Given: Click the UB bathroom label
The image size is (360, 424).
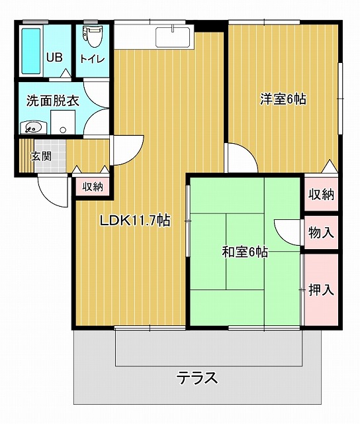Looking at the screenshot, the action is pyautogui.click(x=55, y=58).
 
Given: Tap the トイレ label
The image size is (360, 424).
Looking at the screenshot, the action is pyautogui.click(x=92, y=59).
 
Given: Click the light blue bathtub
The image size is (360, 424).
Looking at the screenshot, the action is pyautogui.click(x=31, y=51).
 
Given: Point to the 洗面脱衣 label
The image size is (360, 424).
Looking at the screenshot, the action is pyautogui.click(x=53, y=101).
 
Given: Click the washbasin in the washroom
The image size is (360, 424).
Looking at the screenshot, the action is pyautogui.click(x=33, y=127).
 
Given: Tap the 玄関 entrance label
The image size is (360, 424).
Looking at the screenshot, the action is pyautogui.click(x=41, y=156).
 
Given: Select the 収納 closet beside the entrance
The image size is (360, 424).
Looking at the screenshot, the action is pyautogui.click(x=93, y=186).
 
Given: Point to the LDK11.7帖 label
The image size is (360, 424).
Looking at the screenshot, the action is pyautogui.click(x=135, y=221).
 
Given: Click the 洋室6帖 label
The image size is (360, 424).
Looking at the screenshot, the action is pyautogui.click(x=283, y=99).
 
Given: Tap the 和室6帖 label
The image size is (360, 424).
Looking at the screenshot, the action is pyautogui.click(x=245, y=252).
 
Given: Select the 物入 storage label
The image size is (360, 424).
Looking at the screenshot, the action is pyautogui.click(x=321, y=233).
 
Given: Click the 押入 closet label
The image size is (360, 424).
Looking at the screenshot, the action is pyautogui.click(x=321, y=290).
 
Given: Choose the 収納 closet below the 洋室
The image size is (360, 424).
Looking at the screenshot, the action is pyautogui.click(x=321, y=194).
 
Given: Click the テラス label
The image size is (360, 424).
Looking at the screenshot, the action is pyautogui.click(x=197, y=378).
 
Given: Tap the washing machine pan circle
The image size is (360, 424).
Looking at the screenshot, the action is pyautogui.click(x=63, y=130).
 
